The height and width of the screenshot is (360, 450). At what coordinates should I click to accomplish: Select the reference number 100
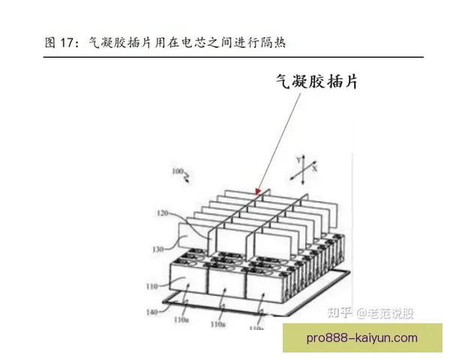point(177,172)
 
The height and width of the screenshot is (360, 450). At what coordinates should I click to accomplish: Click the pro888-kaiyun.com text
point(362,339)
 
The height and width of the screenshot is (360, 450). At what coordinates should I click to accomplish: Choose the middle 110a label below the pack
point(217,325)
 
